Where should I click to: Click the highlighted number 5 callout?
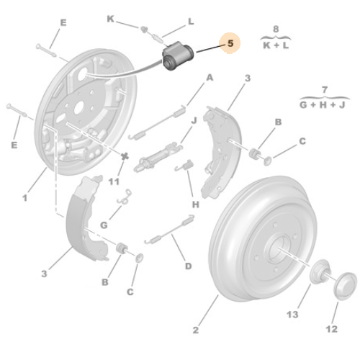[230, 44]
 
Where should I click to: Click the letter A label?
[210, 77]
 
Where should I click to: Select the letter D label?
[188, 266]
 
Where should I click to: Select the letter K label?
[111, 18]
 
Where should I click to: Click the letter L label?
[190, 22]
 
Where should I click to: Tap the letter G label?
[104, 225]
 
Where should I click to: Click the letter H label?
[195, 204]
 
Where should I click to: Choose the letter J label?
[194, 120]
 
